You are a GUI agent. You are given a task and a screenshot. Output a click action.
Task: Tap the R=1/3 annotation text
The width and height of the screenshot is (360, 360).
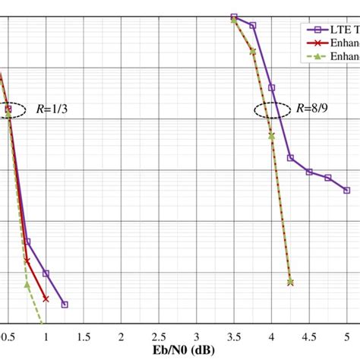click(x=52, y=109)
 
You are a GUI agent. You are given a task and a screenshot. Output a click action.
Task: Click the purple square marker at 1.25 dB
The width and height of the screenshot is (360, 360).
click(x=65, y=305)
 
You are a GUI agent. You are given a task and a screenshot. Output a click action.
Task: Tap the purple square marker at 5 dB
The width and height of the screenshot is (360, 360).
click(x=346, y=190)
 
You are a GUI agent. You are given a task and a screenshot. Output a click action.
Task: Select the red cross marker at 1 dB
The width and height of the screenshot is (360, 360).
click(x=46, y=298)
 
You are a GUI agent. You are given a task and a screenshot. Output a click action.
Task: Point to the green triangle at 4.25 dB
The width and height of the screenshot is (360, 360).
click(x=290, y=282)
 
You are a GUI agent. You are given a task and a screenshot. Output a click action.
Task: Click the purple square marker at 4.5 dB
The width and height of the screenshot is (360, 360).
click(x=309, y=172)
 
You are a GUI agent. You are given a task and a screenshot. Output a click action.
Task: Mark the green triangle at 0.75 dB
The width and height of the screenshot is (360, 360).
click(x=27, y=285)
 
